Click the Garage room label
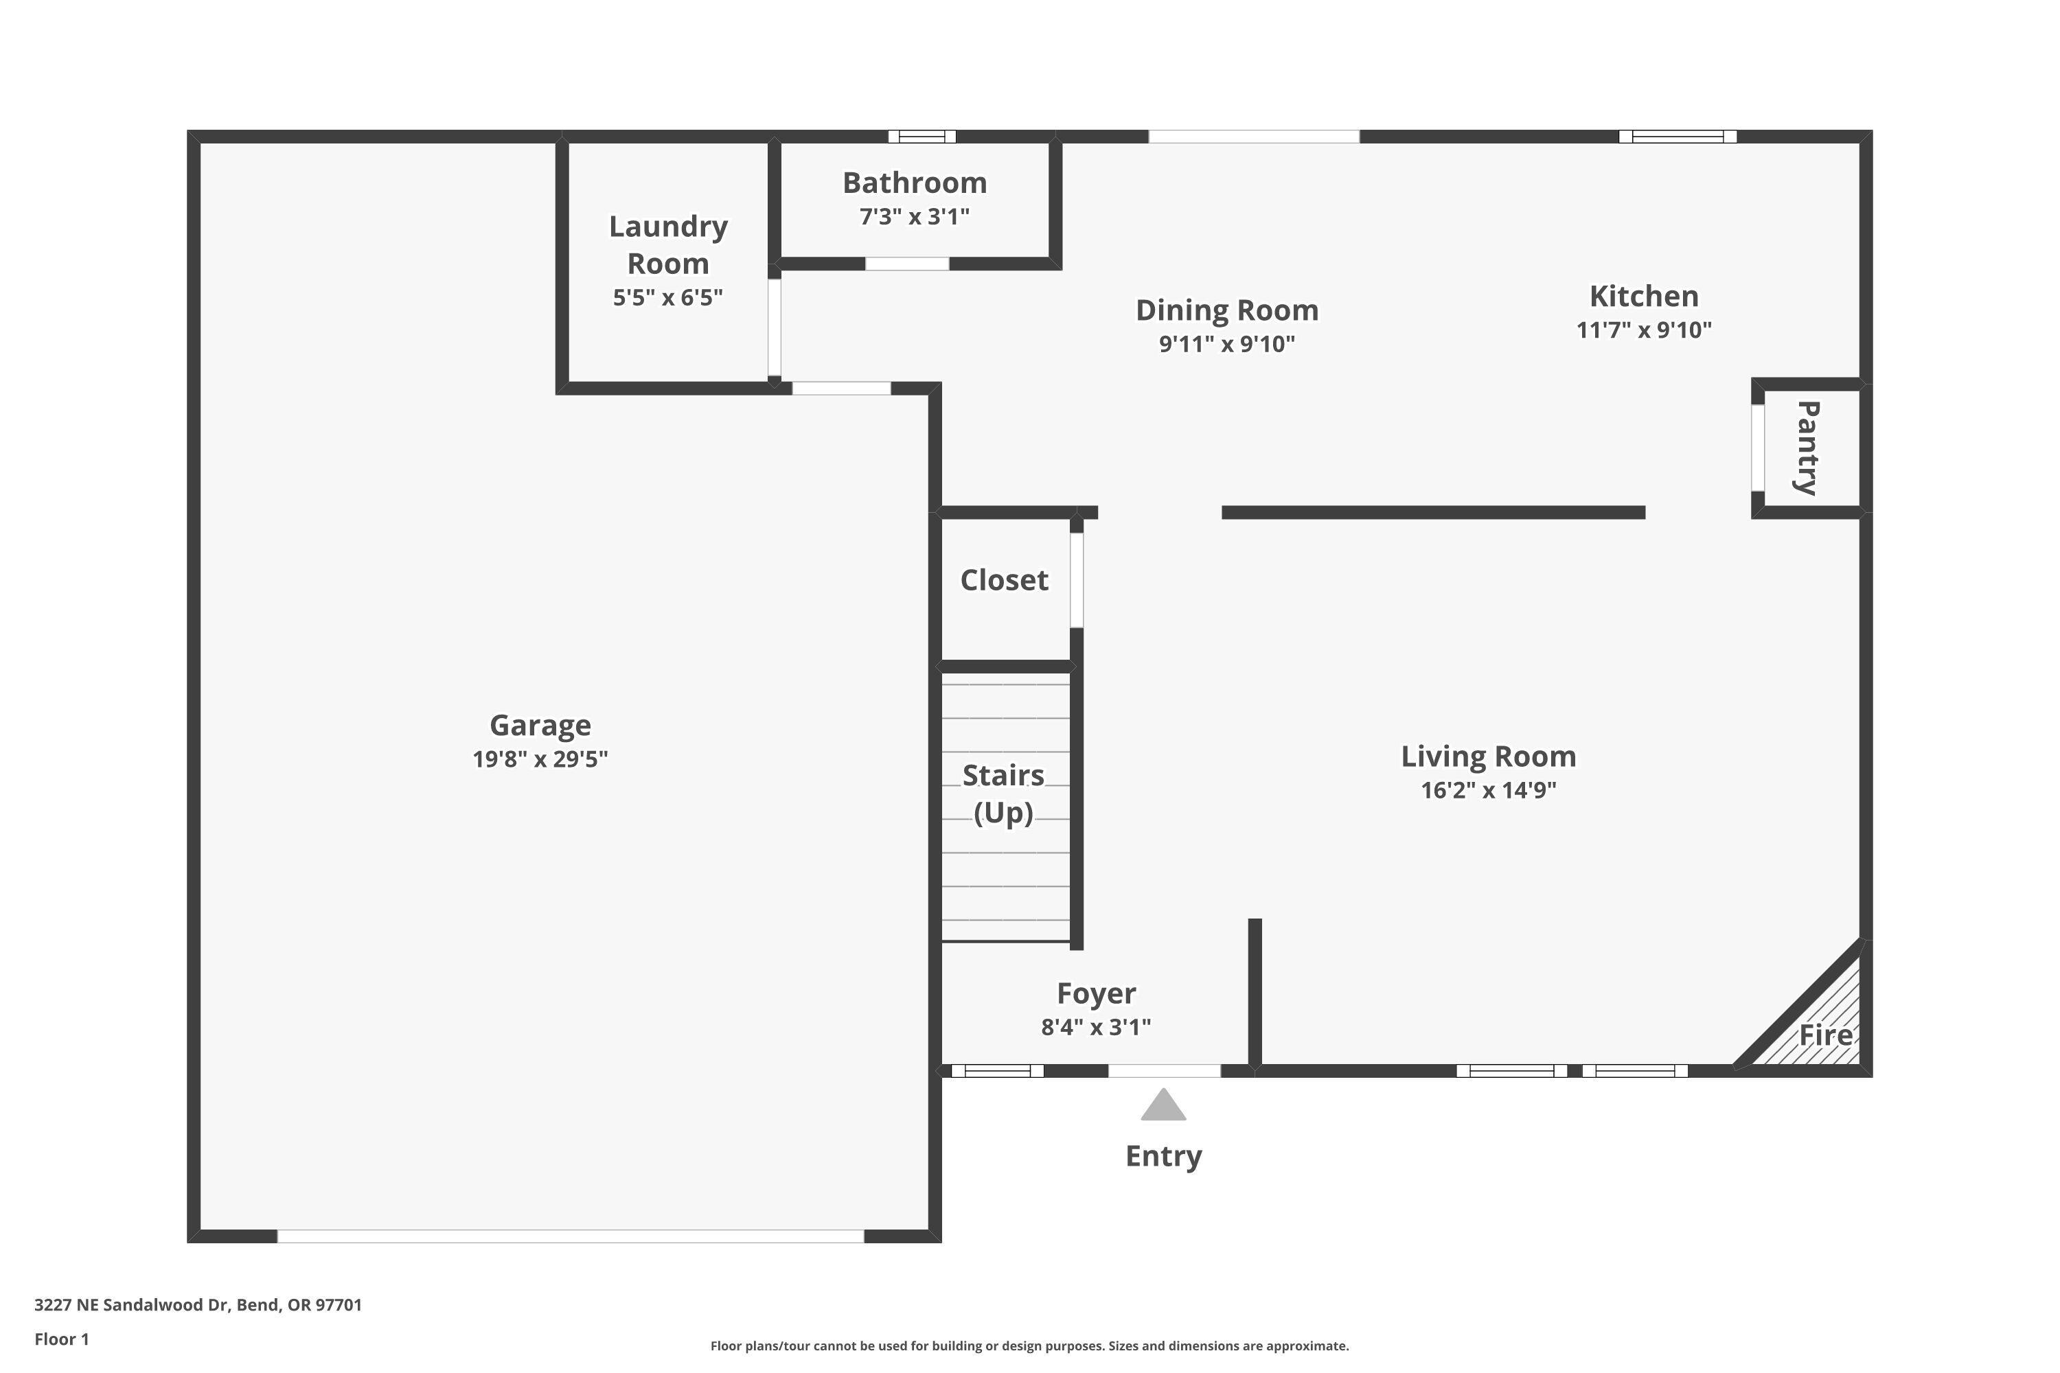tap(540, 725)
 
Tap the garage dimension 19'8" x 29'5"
tap(540, 759)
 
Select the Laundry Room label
tap(667, 244)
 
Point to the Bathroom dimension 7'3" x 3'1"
tap(915, 216)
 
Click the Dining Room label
tap(1226, 310)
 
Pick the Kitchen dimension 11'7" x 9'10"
tap(1643, 330)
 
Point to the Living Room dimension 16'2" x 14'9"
tap(1488, 791)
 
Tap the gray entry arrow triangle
tap(1163, 1107)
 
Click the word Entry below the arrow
tap(1163, 1156)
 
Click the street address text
tap(198, 1305)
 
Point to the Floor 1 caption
tap(61, 1339)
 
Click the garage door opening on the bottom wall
tap(570, 1236)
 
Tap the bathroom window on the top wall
tap(922, 137)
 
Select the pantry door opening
tap(1757, 448)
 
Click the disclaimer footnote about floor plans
tap(1029, 1346)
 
